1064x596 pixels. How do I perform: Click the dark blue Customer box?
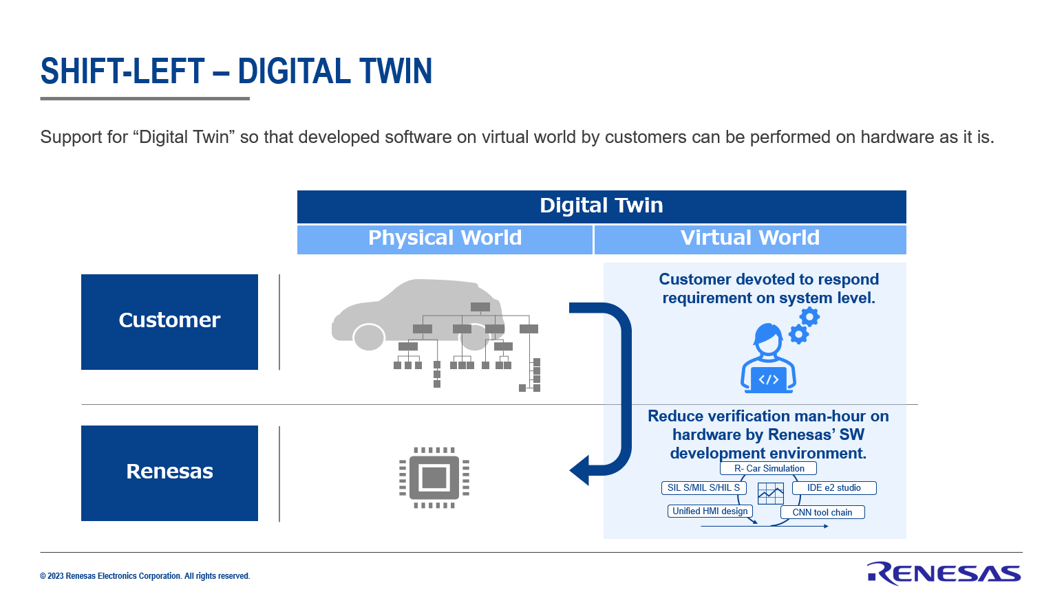click(169, 322)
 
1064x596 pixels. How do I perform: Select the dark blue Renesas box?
click(169, 473)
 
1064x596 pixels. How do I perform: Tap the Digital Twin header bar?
click(601, 206)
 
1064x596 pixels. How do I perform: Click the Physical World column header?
click(445, 239)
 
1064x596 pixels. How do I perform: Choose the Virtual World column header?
click(749, 239)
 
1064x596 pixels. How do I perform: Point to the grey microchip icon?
click(434, 477)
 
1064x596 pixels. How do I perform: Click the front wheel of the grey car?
click(368, 337)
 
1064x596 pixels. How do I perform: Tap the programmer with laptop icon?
click(768, 359)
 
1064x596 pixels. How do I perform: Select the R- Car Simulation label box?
click(768, 469)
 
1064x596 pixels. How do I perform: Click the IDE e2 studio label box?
click(833, 488)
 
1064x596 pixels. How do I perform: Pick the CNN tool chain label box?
click(822, 512)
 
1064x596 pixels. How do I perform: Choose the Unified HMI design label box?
click(710, 511)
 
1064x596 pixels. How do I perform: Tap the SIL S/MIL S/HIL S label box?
click(703, 488)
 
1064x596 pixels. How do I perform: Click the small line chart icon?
click(770, 494)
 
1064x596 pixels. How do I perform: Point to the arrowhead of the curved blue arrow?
click(579, 471)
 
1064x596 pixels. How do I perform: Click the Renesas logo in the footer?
click(944, 574)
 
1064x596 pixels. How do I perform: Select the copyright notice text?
click(145, 576)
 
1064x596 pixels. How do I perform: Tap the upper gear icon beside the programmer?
click(809, 317)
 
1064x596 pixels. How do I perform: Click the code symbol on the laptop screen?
click(768, 379)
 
